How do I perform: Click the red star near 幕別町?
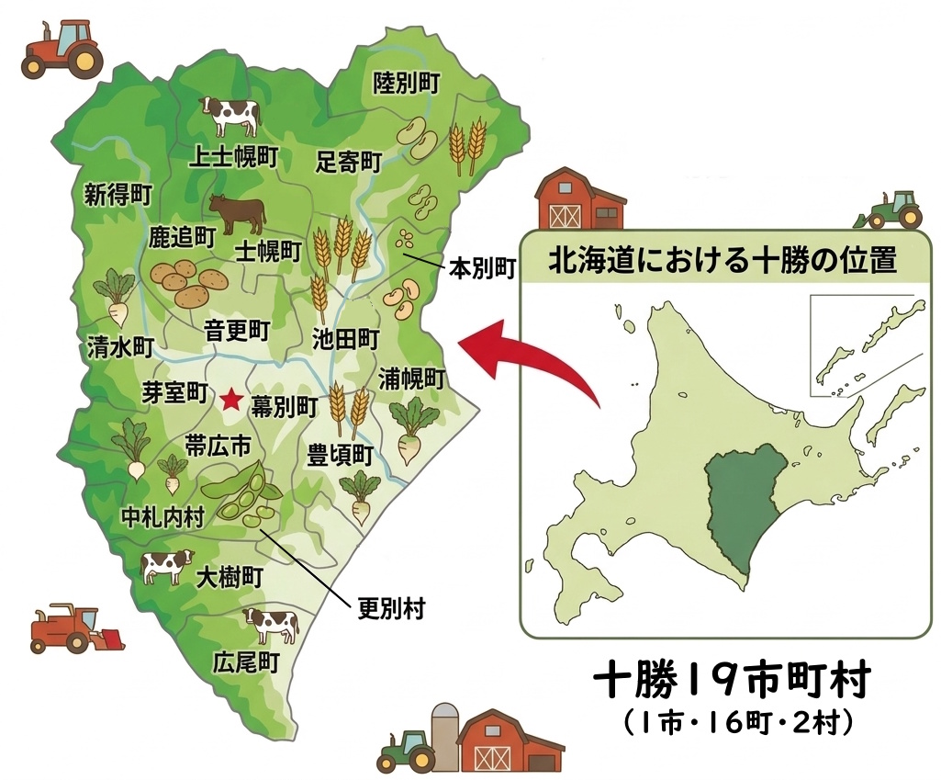(231, 400)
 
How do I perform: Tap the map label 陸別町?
(407, 83)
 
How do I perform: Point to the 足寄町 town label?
(349, 163)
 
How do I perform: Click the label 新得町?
(118, 194)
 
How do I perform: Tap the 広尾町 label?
(245, 661)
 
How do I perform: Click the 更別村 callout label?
(390, 608)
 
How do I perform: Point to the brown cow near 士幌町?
(237, 213)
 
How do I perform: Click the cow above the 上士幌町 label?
(230, 117)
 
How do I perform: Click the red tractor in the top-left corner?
(61, 47)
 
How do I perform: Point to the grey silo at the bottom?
(445, 737)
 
